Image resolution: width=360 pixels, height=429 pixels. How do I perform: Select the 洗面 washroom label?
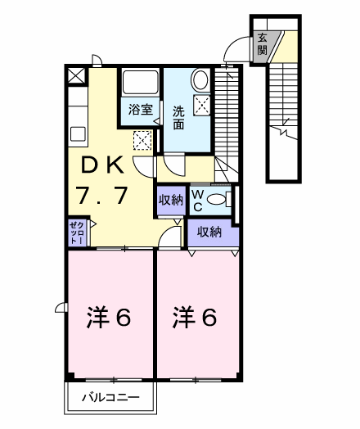178,118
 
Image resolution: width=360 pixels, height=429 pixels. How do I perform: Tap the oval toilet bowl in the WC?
217,199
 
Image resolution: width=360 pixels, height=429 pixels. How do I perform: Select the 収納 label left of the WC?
170,199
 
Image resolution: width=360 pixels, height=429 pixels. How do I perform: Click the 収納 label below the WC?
210,232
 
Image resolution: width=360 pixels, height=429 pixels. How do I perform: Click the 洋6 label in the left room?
109,316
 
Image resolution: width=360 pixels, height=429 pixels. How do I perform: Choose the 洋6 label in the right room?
195,316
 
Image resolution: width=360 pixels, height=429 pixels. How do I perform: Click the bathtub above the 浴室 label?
140,84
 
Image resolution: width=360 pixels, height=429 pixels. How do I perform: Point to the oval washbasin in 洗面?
200,81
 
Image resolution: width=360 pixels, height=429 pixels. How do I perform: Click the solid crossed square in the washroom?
201,105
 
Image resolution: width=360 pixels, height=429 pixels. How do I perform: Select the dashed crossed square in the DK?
142,140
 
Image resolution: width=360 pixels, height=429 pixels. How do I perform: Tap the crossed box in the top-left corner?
75,75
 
